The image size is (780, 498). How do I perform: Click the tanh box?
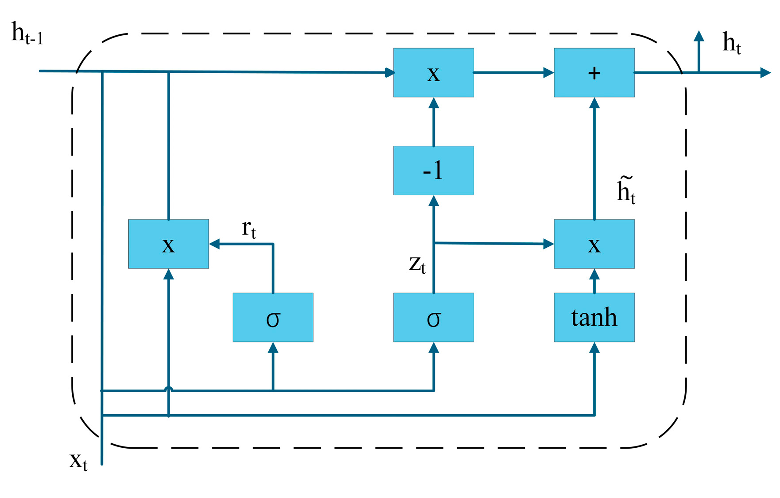tap(594, 317)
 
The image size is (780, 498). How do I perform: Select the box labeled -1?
tap(433, 170)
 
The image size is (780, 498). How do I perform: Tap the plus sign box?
tap(594, 72)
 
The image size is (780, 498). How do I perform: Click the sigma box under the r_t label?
tap(273, 317)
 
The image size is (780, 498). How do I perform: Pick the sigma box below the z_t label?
tap(433, 317)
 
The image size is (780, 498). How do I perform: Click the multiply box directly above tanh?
tap(594, 244)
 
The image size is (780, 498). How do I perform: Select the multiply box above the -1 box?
tap(433, 72)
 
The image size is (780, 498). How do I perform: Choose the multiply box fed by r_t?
tap(168, 244)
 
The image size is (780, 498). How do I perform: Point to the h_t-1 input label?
tap(26, 34)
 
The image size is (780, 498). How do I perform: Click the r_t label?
tap(249, 229)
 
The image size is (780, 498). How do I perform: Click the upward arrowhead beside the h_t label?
tap(698, 36)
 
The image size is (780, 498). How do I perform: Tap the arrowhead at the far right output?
tap(765, 73)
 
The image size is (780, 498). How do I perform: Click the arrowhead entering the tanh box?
tap(594, 348)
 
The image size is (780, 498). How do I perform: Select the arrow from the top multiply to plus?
tap(513, 73)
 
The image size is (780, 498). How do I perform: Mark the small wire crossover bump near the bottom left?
tap(168, 388)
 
